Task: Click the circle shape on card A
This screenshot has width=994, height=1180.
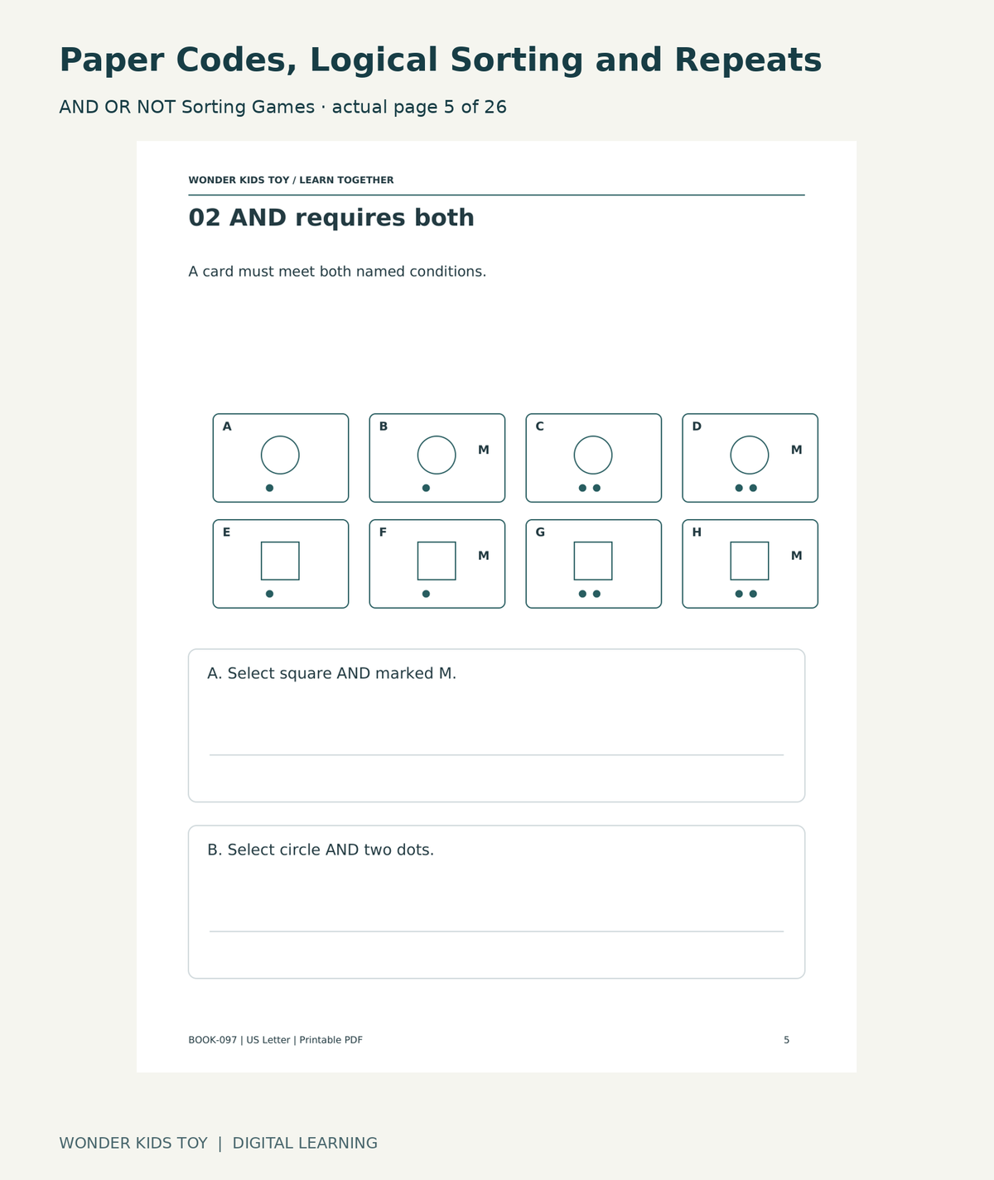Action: coord(280,436)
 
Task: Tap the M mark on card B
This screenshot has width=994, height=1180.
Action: coord(484,450)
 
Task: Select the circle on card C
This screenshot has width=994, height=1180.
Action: coord(593,436)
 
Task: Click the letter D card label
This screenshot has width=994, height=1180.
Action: coord(697,426)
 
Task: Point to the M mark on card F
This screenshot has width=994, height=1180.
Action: coord(484,556)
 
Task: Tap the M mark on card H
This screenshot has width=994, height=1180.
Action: coord(797,556)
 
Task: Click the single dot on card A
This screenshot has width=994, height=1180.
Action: coord(270,488)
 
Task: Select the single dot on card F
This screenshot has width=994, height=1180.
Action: coord(427,594)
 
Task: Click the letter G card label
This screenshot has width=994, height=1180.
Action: coord(540,532)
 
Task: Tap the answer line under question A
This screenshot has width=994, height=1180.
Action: coord(496,754)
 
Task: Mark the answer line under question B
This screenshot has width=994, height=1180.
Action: coord(496,931)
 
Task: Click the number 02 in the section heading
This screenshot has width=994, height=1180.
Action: coord(204,218)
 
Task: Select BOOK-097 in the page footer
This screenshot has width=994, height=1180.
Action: coord(213,1040)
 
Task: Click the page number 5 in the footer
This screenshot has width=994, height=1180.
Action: coord(786,1040)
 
